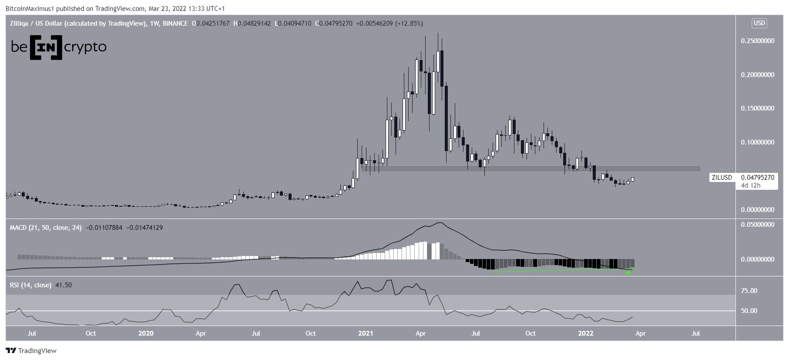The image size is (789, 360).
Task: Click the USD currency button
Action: [759, 24]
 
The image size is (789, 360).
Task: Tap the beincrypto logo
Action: [59, 47]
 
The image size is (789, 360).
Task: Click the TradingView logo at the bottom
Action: [31, 350]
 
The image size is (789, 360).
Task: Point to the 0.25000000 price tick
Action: [757, 41]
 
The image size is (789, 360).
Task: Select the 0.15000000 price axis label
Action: [757, 108]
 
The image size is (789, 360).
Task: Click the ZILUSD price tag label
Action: [722, 178]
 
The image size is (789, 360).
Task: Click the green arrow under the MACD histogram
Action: [628, 273]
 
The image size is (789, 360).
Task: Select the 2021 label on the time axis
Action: [366, 334]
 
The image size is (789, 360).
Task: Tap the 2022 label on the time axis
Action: [585, 334]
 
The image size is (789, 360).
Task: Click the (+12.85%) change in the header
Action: [409, 24]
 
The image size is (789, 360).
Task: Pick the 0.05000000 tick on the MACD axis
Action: [757, 225]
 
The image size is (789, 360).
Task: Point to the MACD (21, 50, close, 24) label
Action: [46, 227]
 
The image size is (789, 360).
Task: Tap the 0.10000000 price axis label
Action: [757, 142]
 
